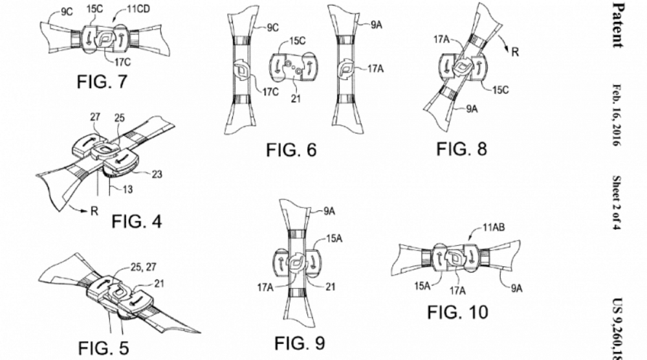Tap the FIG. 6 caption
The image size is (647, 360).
(291, 150)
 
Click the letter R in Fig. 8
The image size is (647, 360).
(515, 53)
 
